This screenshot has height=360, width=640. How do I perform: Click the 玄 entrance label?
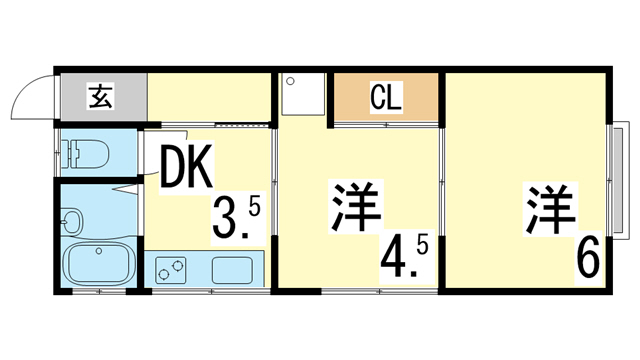102,97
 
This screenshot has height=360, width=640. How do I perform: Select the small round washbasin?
71,219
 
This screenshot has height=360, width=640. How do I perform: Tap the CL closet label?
386,98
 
